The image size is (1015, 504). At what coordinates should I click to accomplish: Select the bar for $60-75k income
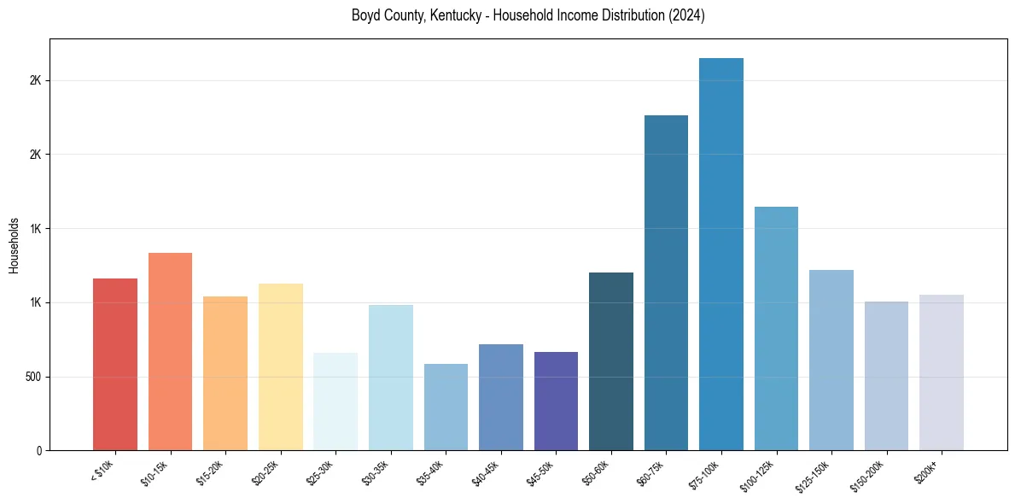pos(666,282)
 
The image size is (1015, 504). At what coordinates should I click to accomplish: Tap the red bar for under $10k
pos(115,364)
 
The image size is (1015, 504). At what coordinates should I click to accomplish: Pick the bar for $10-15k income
pos(170,351)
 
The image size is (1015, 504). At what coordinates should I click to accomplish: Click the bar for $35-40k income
pos(446,407)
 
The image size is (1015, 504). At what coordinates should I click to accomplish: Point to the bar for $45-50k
pos(556,401)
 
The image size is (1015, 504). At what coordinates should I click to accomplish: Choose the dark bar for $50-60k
pos(611,361)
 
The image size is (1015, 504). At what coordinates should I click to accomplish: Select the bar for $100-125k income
pos(776,328)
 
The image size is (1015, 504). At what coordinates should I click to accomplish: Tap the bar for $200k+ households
pos(941,372)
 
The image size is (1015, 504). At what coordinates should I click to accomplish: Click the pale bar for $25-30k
pos(335,401)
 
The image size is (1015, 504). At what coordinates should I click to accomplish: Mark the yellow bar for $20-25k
pos(281,366)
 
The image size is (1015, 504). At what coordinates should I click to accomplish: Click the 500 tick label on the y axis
pos(33,377)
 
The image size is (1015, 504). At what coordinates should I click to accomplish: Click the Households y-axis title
pos(14,245)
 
